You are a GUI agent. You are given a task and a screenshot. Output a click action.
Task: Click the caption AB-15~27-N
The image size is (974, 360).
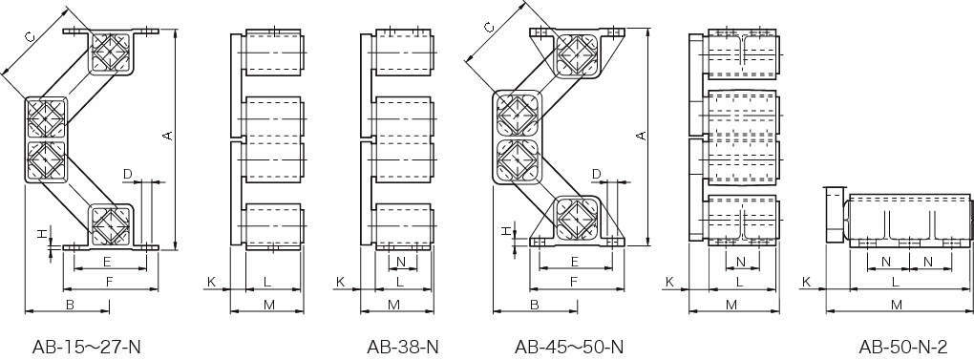(86, 347)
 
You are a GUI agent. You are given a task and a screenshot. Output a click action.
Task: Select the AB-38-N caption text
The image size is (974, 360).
(403, 347)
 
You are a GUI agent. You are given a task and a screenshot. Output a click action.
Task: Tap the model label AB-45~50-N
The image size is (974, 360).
(568, 347)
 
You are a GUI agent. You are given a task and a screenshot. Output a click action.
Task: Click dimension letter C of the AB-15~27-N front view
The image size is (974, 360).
(30, 36)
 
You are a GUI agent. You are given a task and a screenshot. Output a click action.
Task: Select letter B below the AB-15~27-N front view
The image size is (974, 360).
(71, 305)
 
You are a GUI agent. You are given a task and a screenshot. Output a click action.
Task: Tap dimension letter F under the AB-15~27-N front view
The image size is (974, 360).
(109, 283)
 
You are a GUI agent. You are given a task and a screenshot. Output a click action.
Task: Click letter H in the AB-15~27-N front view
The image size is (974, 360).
(42, 234)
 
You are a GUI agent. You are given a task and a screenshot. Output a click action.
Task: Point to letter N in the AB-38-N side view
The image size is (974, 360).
(401, 262)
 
